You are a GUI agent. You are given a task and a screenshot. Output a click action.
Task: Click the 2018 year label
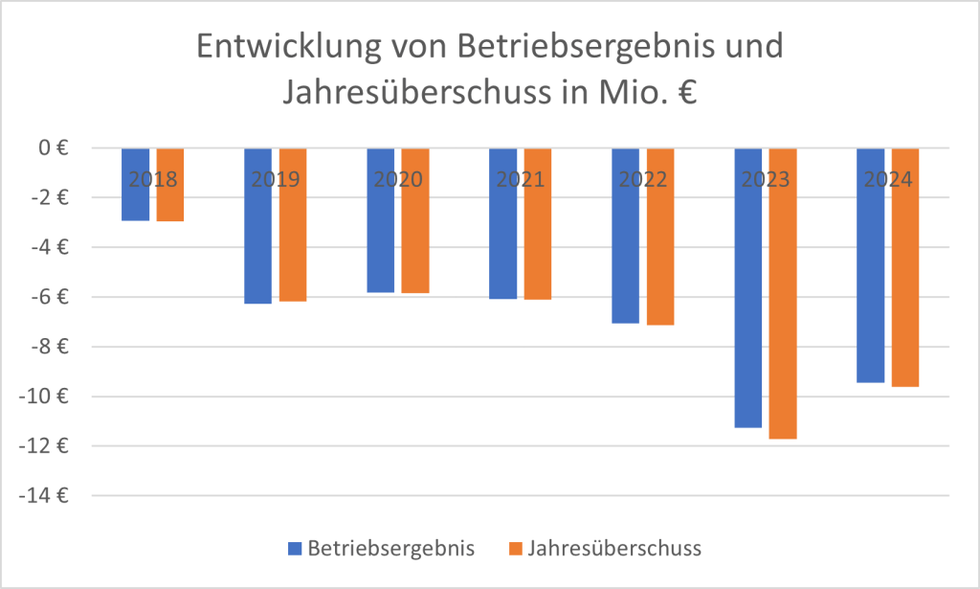coord(153,179)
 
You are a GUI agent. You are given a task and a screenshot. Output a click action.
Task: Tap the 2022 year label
coord(643,179)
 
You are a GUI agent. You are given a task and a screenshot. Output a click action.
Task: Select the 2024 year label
coord(888,179)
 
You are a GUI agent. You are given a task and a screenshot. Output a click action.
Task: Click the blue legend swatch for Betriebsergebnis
coord(295,549)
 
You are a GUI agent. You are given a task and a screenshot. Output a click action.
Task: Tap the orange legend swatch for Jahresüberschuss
coord(516,549)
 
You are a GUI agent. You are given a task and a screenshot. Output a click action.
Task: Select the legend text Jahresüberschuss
coord(615,548)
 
